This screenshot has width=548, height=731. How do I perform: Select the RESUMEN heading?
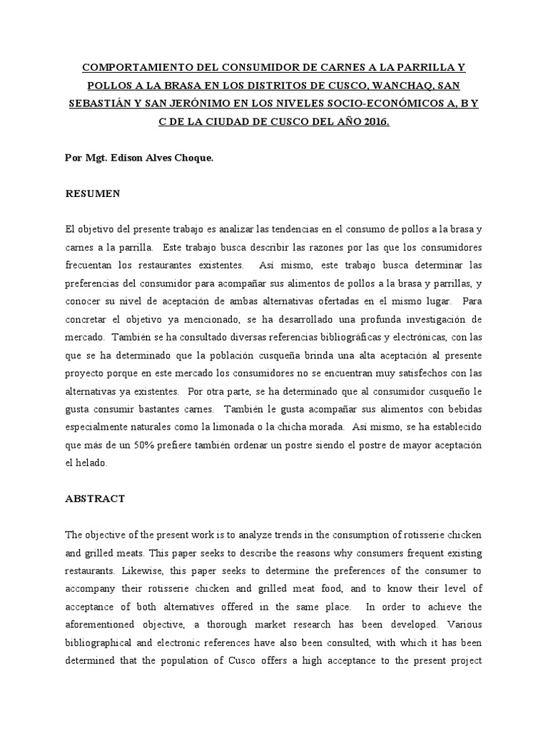(93, 194)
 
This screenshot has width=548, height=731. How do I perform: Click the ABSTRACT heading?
(95, 499)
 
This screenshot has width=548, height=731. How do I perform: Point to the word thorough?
(204, 624)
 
